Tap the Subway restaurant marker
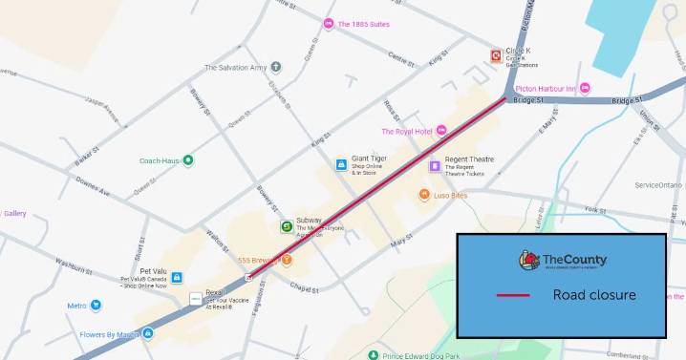[286, 226]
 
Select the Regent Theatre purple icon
[434, 165]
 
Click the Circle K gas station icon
[495, 55]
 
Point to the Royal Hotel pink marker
[441, 130]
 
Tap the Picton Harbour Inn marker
[585, 89]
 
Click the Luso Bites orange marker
[423, 195]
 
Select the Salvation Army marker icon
[276, 67]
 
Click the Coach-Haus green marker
[188, 160]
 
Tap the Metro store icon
[96, 306]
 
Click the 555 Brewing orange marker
[286, 260]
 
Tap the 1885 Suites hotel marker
[329, 24]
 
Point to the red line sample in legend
[513, 295]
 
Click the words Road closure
[593, 295]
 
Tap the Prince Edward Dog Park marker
[373, 354]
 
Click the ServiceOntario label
[658, 184]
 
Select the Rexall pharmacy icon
[195, 299]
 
